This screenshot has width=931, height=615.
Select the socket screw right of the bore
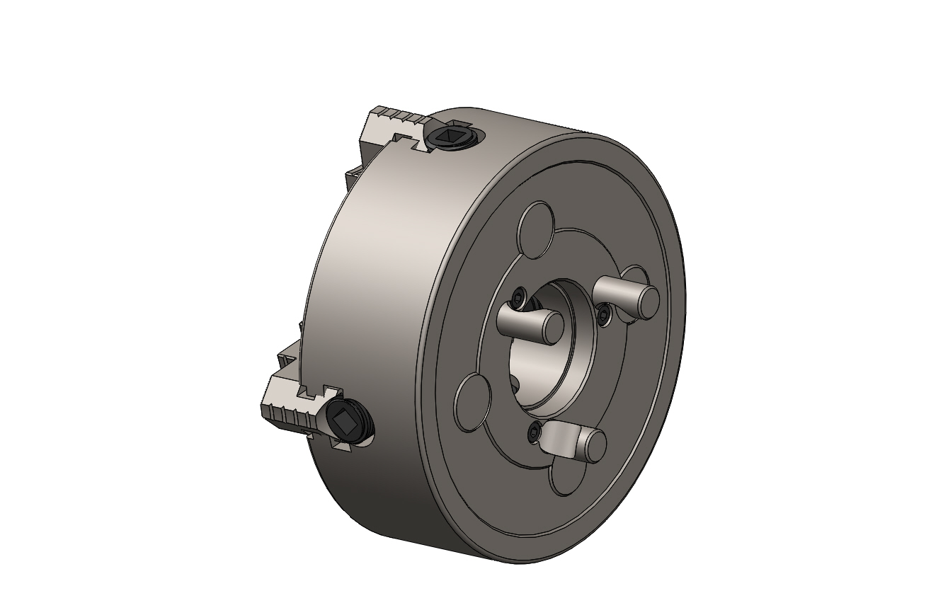click(x=604, y=314)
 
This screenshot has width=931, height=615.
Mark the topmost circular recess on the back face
click(x=536, y=225)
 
